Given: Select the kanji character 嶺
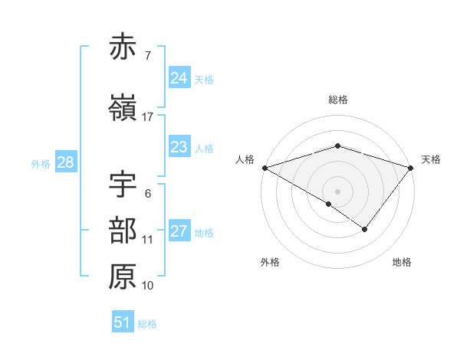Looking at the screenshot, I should [123, 108].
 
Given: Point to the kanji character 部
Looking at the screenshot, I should [123, 231].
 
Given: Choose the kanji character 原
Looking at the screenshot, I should [123, 277].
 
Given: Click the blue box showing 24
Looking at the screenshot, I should [179, 78].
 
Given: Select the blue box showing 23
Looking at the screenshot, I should [179, 147].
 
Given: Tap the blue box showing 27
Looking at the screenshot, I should [179, 231].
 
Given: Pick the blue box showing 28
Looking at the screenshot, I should [65, 162].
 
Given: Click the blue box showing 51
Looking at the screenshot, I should [123, 322].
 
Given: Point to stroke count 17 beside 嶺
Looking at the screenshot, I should [148, 117].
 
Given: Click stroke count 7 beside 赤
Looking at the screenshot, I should [148, 55].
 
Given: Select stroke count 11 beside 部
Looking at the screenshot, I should [148, 240].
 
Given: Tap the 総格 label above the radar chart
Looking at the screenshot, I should [338, 100].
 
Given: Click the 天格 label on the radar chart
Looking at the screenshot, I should [432, 159].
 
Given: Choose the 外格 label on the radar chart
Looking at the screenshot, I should [270, 263].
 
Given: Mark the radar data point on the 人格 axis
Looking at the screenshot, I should [264, 167].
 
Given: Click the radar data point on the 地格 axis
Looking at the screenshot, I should [365, 229].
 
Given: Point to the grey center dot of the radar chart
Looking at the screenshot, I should [338, 191].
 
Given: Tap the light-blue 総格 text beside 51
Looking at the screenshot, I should [147, 324].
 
